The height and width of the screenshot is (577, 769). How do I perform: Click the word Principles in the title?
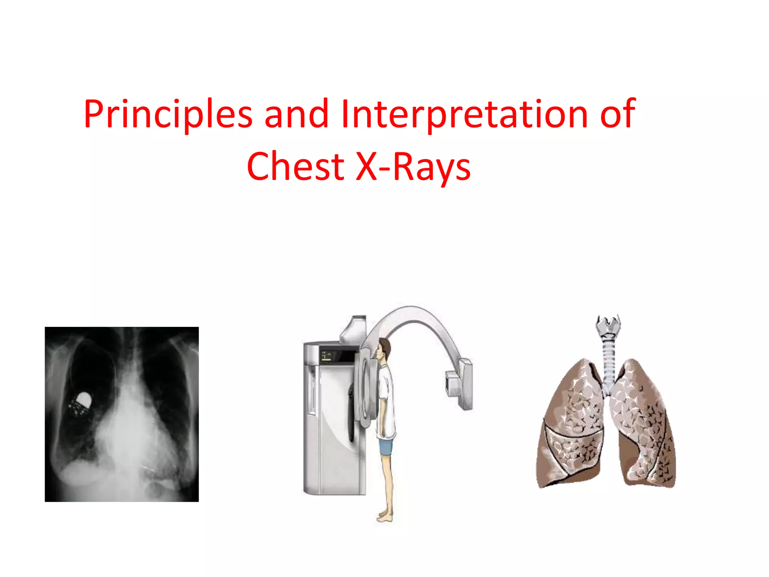168,114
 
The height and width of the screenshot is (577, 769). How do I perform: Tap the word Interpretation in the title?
464,114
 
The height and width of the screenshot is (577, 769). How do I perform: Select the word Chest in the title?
295,166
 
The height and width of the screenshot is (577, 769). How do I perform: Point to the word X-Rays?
413,166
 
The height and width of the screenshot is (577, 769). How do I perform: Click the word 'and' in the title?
297,114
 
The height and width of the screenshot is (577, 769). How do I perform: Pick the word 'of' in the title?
618,114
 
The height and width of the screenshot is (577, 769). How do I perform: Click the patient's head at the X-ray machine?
384,347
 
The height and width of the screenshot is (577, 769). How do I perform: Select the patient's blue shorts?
386,446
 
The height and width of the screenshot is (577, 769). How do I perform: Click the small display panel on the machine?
326,356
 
